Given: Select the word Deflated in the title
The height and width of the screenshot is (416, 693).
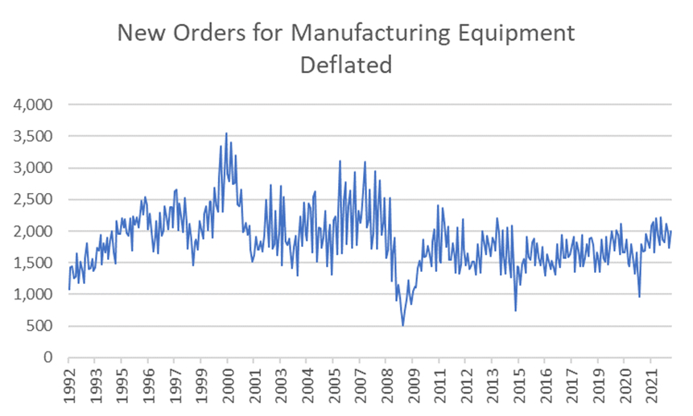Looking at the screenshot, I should pos(346,64).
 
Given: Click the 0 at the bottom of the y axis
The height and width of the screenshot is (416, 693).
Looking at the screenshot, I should pos(49,357).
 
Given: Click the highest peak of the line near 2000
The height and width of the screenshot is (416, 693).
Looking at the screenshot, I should pos(226,134).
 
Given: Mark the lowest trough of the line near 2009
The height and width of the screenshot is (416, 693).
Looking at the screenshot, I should pos(402,325).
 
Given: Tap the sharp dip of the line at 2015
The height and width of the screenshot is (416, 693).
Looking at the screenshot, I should pos(515,311).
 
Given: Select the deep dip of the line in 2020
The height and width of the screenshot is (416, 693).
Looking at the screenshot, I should pos(640,297).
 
